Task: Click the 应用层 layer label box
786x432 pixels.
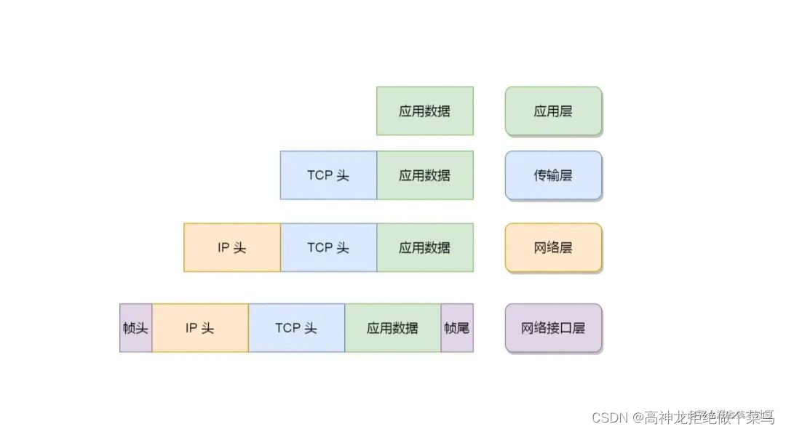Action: point(553,111)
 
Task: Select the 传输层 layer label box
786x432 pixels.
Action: point(553,175)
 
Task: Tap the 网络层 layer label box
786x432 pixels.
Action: point(553,247)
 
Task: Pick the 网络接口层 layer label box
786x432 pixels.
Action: point(553,328)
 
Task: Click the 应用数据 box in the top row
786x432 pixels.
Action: point(425,111)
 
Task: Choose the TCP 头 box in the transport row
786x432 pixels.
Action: point(328,175)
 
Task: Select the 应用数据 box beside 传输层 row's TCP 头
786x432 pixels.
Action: point(425,175)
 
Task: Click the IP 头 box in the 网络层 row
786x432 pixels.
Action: point(232,247)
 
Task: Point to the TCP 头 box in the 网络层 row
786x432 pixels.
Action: point(328,247)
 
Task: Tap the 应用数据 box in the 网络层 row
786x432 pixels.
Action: point(425,247)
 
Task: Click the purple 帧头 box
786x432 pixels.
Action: point(136,328)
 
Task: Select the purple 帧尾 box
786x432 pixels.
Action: point(457,328)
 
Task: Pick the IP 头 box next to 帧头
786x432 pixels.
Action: point(200,328)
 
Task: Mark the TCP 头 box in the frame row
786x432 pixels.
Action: point(296,328)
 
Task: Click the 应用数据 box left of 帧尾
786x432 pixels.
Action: point(393,328)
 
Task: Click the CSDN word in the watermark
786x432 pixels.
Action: point(610,417)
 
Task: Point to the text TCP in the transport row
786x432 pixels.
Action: point(319,175)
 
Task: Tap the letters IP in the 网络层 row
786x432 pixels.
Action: point(223,247)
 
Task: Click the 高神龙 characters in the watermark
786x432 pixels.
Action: point(663,417)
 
